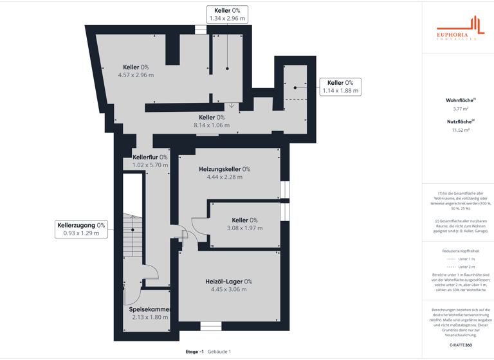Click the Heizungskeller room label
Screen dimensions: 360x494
224,169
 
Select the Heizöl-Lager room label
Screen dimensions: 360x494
228,282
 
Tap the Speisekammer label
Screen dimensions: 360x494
150,309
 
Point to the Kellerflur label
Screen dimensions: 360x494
150,157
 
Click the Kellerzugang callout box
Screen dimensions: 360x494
81,229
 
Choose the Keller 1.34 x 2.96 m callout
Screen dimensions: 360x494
227,14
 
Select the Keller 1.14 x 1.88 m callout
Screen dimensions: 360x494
340,87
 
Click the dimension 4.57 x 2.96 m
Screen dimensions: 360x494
136,75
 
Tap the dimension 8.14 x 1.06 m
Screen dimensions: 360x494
212,125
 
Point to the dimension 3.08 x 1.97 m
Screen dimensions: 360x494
244,228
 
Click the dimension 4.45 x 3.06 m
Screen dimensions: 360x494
228,289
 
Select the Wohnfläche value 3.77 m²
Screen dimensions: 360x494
461,109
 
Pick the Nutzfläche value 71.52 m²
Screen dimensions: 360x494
461,130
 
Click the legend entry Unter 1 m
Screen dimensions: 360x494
461,259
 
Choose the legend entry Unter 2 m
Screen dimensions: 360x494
461,267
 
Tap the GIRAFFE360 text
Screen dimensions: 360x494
461,345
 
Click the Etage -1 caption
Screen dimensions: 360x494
194,352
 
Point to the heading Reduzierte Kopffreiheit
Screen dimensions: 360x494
461,251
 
